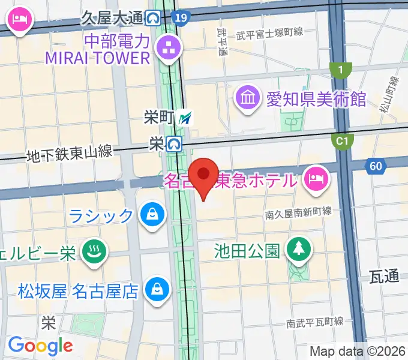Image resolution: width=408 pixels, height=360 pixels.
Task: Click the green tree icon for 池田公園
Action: pyautogui.click(x=297, y=250)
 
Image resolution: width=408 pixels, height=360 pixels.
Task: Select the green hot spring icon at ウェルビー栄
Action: pyautogui.click(x=94, y=252)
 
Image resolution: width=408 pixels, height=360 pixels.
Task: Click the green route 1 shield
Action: pyautogui.click(x=341, y=71)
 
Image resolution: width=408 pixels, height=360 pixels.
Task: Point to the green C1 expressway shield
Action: pyautogui.click(x=341, y=141)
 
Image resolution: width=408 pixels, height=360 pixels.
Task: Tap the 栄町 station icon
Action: pyautogui.click(x=185, y=118)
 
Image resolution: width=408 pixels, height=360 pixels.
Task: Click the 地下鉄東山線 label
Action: pyautogui.click(x=69, y=154)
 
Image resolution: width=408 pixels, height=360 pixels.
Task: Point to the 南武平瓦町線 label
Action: pyautogui.click(x=314, y=323)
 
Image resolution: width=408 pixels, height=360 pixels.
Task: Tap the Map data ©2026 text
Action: pyautogui.click(x=358, y=351)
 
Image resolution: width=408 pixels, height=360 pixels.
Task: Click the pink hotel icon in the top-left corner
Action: pyautogui.click(x=20, y=20)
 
